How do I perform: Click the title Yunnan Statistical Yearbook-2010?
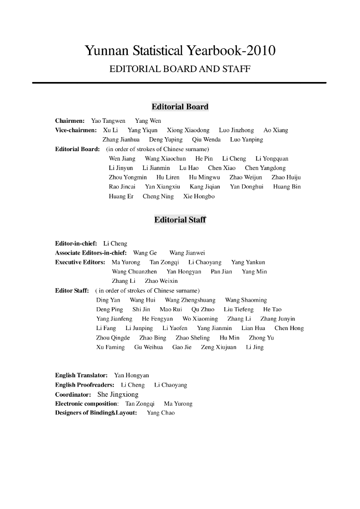(180, 51)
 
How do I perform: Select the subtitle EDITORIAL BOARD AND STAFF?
(180, 69)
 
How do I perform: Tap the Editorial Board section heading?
(180, 107)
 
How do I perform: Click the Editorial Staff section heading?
(180, 220)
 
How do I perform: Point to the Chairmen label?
(70, 121)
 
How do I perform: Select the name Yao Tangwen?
(108, 121)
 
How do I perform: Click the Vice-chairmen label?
(76, 130)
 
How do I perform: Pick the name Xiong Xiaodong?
(188, 130)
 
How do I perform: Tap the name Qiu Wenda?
(206, 140)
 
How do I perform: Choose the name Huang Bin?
(287, 187)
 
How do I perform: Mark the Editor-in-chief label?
(76, 244)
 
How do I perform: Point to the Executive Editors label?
(80, 262)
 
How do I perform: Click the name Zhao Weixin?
(161, 281)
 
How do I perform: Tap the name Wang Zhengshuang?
(190, 300)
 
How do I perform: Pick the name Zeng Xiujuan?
(218, 347)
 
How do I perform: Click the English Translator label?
(81, 375)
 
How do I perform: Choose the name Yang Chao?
(161, 413)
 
